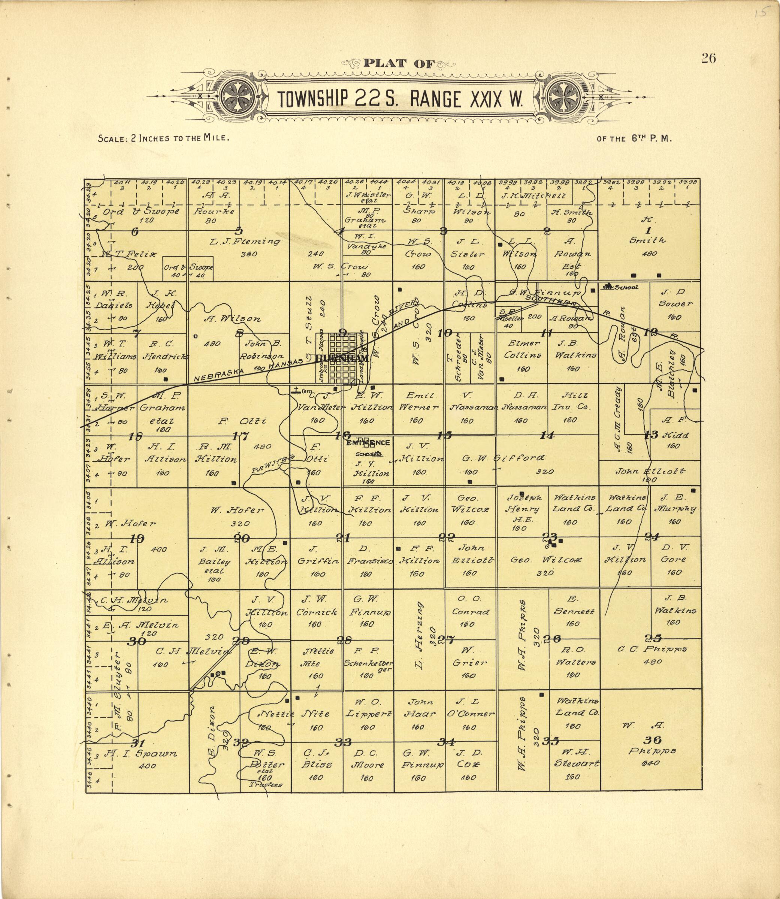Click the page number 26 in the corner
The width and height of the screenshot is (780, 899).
pyautogui.click(x=708, y=58)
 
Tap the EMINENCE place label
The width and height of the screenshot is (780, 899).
pyautogui.click(x=368, y=442)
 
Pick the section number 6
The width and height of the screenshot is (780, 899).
pyautogui.click(x=135, y=232)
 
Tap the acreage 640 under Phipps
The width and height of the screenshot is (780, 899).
pyautogui.click(x=650, y=763)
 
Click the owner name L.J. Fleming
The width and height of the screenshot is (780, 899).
pyautogui.click(x=245, y=242)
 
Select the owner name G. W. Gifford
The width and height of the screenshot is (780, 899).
pyautogui.click(x=503, y=458)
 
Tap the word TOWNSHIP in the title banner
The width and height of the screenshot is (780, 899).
pyautogui.click(x=312, y=100)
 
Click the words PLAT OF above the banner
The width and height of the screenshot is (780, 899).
pyautogui.click(x=399, y=64)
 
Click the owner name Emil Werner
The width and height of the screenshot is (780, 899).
pyautogui.click(x=417, y=401)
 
